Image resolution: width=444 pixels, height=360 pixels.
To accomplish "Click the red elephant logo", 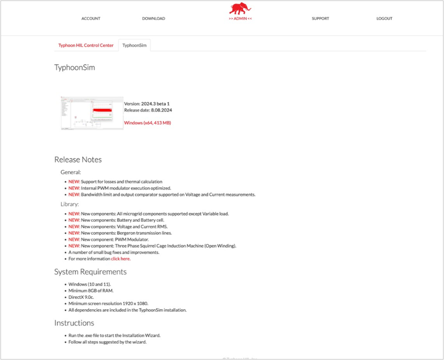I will pyautogui.click(x=240, y=8).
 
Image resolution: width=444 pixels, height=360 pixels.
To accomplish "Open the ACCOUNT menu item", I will pyautogui.click(x=91, y=19).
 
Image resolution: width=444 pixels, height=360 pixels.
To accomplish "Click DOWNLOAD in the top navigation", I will pyautogui.click(x=153, y=19).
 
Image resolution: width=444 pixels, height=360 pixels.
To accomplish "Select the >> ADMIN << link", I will pyautogui.click(x=240, y=19).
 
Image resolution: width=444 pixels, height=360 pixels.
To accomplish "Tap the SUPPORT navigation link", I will pyautogui.click(x=320, y=19).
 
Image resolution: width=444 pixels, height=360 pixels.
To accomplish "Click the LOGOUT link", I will pyautogui.click(x=384, y=19).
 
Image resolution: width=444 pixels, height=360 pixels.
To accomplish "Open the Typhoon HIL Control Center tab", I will pyautogui.click(x=86, y=45).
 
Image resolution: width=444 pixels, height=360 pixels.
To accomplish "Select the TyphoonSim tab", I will pyautogui.click(x=134, y=45).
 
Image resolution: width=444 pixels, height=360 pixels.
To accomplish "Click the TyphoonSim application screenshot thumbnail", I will pyautogui.click(x=92, y=113).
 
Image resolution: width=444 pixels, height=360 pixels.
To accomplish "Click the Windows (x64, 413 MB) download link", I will pyautogui.click(x=147, y=122).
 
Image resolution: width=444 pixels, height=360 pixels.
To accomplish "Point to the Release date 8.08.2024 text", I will pyautogui.click(x=148, y=110).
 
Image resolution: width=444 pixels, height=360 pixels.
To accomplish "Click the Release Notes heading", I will pyautogui.click(x=78, y=160).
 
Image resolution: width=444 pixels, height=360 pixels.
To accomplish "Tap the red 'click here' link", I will pyautogui.click(x=120, y=259).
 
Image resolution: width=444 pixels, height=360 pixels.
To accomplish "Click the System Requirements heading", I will pyautogui.click(x=90, y=271).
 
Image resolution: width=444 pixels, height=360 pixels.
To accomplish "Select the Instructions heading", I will pyautogui.click(x=74, y=323).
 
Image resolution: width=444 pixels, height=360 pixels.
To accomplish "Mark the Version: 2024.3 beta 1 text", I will pyautogui.click(x=147, y=103).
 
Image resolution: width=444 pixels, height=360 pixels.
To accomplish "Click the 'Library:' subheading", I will pyautogui.click(x=70, y=204).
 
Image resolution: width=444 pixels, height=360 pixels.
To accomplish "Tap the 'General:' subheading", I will pyautogui.click(x=71, y=172).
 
